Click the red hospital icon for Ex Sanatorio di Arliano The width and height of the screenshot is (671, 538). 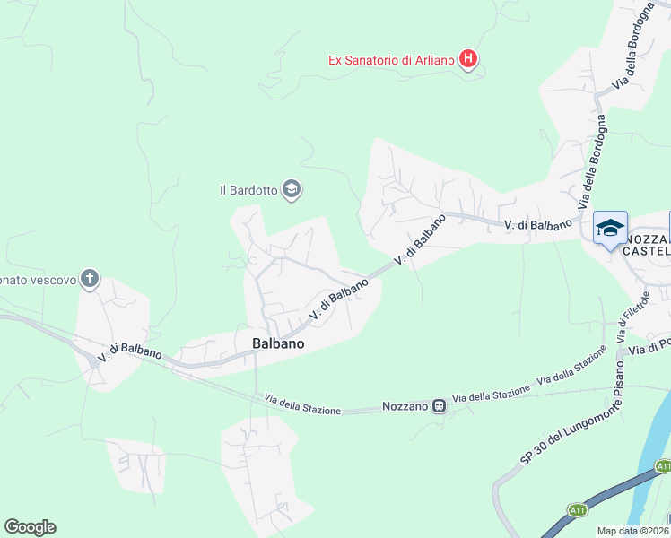click(x=467, y=60)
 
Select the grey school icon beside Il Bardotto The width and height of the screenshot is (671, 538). click(x=291, y=189)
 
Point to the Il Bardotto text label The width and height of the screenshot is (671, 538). click(x=248, y=189)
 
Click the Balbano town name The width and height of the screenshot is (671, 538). click(x=278, y=343)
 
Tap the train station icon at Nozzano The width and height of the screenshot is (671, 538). click(x=439, y=405)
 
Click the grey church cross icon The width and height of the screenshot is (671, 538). click(x=89, y=278)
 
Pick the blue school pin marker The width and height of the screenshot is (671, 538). click(x=610, y=230)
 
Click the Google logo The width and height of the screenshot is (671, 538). click(x=30, y=527)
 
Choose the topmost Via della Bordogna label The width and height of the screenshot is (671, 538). click(x=632, y=46)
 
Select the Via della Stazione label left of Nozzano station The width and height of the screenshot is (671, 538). click(x=302, y=404)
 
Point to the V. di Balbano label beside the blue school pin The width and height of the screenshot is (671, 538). click(x=537, y=225)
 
